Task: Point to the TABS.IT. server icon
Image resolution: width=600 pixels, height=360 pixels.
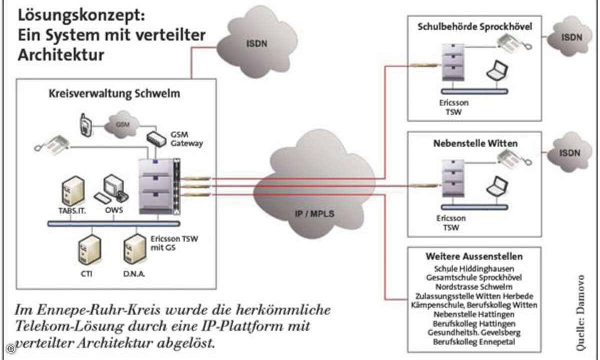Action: click(72, 191)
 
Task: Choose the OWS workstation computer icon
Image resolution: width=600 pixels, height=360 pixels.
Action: click(114, 189)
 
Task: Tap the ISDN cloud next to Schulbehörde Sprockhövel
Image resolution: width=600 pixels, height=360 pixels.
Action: click(570, 37)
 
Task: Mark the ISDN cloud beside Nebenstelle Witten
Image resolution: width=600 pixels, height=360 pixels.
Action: click(570, 152)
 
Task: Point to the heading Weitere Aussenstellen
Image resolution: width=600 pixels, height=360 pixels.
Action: click(474, 257)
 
